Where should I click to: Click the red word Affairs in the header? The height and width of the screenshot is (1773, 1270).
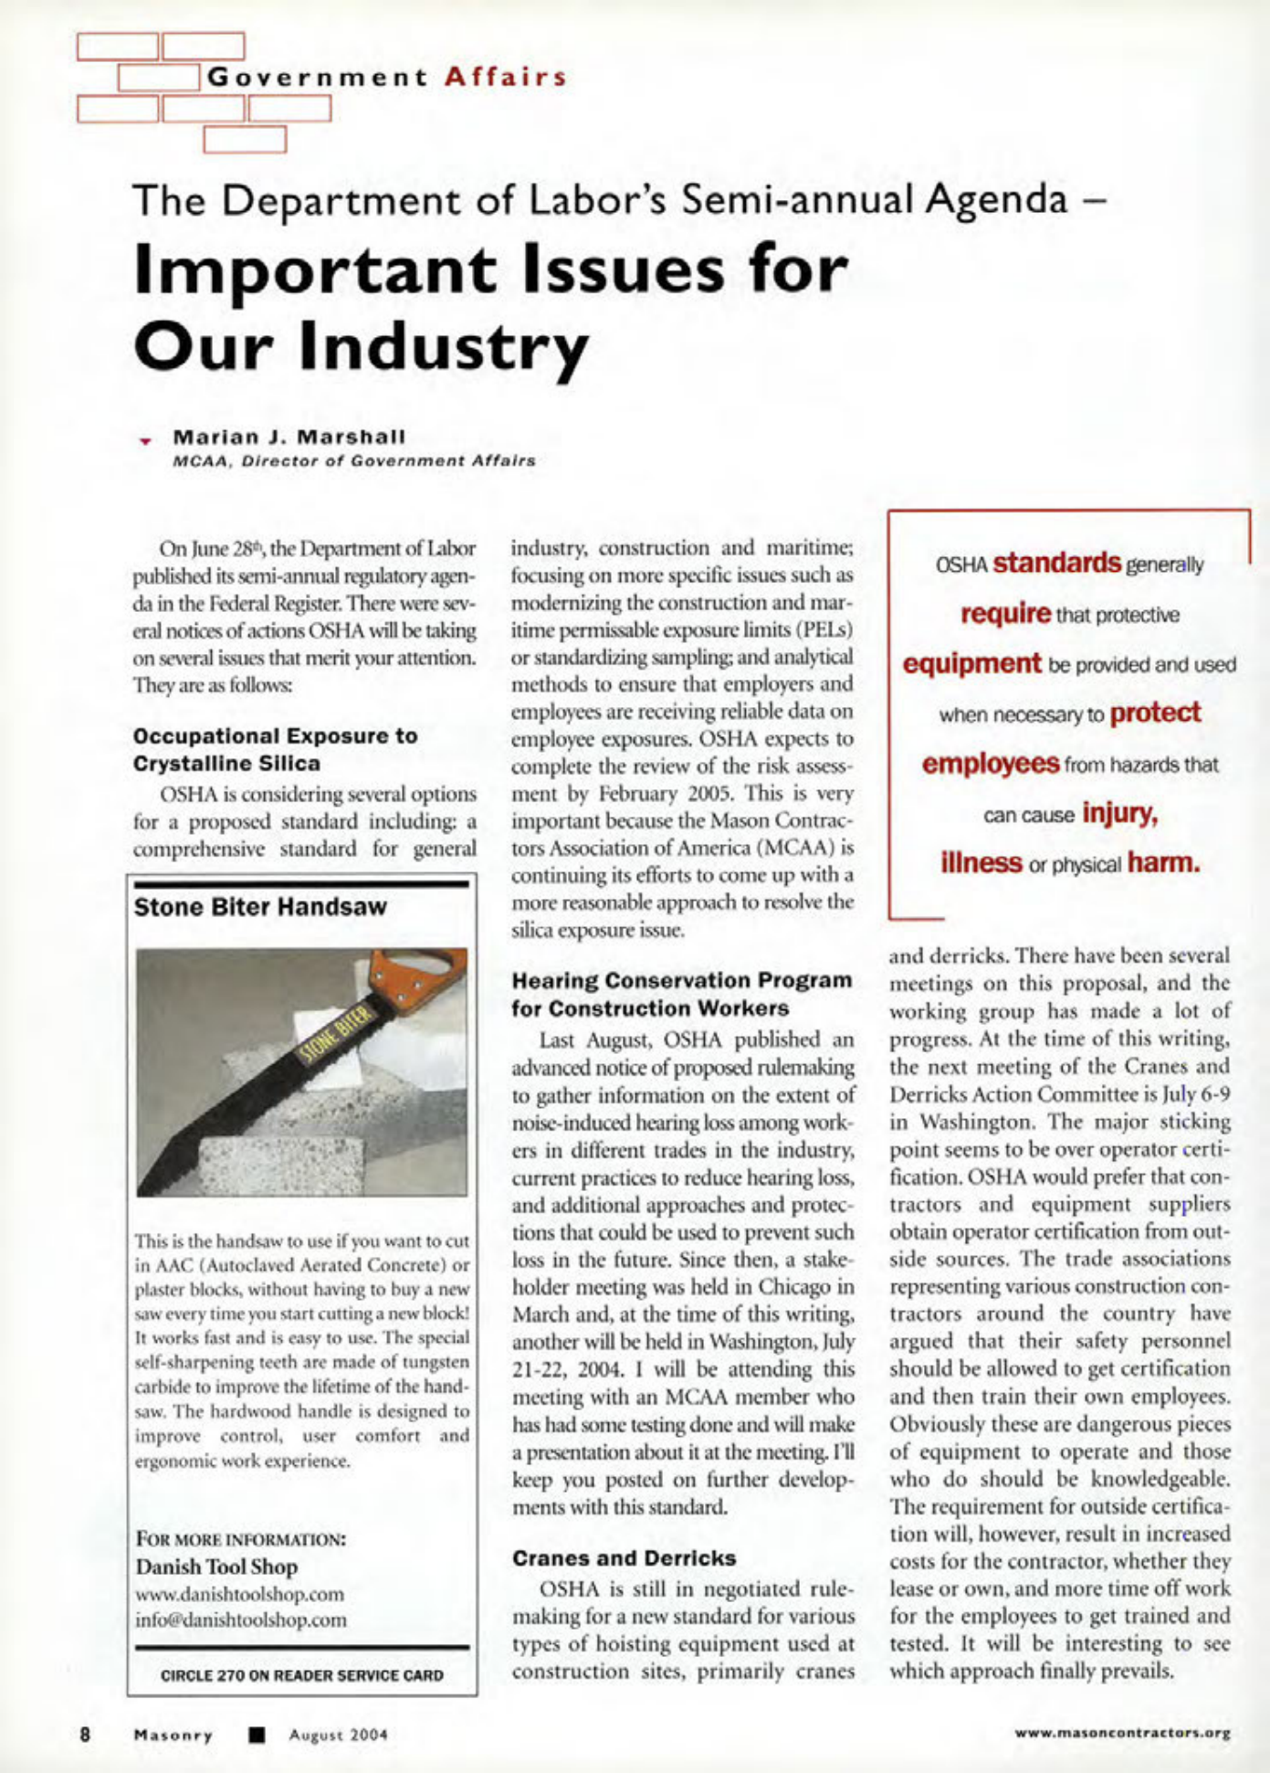pyautogui.click(x=505, y=77)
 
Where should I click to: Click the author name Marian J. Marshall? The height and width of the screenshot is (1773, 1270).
pyautogui.click(x=289, y=437)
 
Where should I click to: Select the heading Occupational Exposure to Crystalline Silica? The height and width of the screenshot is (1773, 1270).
pyautogui.click(x=275, y=749)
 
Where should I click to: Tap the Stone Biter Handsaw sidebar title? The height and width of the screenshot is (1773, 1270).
pyautogui.click(x=260, y=907)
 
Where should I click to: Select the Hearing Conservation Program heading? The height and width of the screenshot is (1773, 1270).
pyautogui.click(x=681, y=994)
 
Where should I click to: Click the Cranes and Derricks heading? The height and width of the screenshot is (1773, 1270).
pyautogui.click(x=624, y=1557)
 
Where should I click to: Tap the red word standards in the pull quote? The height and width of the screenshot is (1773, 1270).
pyautogui.click(x=1056, y=563)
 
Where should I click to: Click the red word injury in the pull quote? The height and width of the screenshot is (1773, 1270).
pyautogui.click(x=1119, y=812)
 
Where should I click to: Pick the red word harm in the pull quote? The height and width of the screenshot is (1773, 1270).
pyautogui.click(x=1163, y=862)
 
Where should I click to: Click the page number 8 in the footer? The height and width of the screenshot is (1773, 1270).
pyautogui.click(x=84, y=1733)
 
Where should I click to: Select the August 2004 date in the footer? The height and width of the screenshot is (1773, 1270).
pyautogui.click(x=338, y=1734)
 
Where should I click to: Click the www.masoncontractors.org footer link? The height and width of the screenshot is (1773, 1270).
pyautogui.click(x=1122, y=1732)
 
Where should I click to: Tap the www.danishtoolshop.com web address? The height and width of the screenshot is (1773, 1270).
pyautogui.click(x=239, y=1594)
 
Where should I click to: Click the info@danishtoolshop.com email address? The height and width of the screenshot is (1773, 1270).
pyautogui.click(x=241, y=1620)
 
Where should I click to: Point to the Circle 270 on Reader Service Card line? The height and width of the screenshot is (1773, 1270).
pyautogui.click(x=301, y=1675)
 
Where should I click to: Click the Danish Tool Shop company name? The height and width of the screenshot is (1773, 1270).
pyautogui.click(x=216, y=1567)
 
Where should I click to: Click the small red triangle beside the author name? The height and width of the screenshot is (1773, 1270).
pyautogui.click(x=143, y=441)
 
